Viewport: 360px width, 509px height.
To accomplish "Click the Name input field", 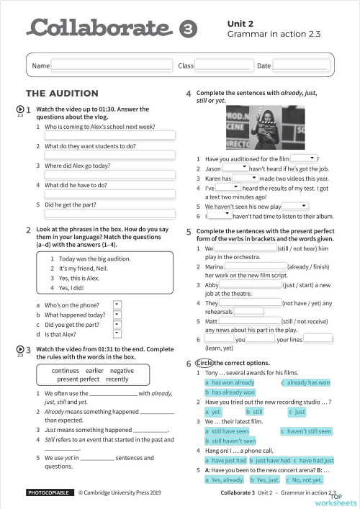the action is click(x=112, y=66).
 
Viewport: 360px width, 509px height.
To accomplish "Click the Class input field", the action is click(x=224, y=66).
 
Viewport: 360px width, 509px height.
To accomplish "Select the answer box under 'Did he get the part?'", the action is click(x=109, y=214).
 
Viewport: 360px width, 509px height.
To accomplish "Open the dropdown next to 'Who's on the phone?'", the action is click(x=117, y=305).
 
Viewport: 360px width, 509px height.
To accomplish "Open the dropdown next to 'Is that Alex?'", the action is click(x=117, y=333).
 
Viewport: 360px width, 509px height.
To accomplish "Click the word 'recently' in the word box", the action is click(x=117, y=379).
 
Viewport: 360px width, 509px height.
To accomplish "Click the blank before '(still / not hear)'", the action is click(x=245, y=248).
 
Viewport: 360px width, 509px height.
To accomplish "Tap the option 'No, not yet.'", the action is click(x=303, y=479).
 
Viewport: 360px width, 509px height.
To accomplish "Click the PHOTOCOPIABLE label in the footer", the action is click(x=48, y=494).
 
